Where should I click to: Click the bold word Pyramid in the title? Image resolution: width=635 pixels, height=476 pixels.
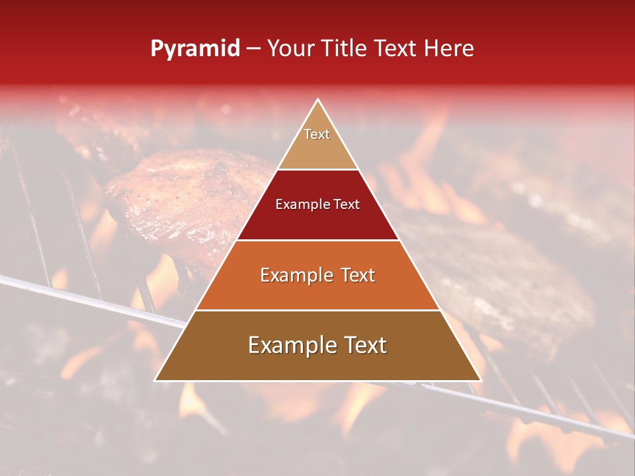195,49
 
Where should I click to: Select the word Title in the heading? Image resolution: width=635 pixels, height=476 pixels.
348,49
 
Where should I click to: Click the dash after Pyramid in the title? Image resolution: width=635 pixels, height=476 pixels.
253,50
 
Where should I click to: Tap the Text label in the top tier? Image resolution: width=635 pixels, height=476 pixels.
317,134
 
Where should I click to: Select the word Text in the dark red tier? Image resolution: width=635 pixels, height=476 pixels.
345,205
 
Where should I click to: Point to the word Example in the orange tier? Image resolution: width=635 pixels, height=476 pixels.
294,275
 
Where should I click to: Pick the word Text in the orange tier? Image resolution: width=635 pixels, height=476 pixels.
355,275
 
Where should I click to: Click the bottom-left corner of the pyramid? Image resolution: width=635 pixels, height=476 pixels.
155,380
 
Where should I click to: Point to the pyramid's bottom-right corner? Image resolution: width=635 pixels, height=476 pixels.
481,380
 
